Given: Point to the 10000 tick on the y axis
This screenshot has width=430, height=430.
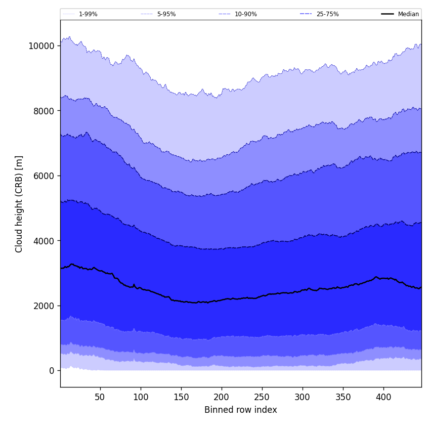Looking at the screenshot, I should pyautogui.click(x=41, y=46).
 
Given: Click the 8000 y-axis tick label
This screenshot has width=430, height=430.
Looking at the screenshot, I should pyautogui.click(x=44, y=111).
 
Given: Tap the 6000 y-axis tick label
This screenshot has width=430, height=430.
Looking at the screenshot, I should pyautogui.click(x=44, y=176).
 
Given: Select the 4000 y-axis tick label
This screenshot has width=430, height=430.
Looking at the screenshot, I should pyautogui.click(x=44, y=241).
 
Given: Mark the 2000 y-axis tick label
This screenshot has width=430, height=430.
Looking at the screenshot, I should pyautogui.click(x=44, y=306).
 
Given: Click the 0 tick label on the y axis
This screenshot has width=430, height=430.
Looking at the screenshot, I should pyautogui.click(x=51, y=371).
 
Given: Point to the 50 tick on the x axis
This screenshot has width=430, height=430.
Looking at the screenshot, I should pyautogui.click(x=100, y=397).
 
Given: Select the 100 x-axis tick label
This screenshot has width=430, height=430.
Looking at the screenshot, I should pyautogui.click(x=141, y=397).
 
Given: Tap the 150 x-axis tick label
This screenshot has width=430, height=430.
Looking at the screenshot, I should pyautogui.click(x=181, y=397).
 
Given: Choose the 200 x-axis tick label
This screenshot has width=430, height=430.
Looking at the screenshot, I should pyautogui.click(x=222, y=397).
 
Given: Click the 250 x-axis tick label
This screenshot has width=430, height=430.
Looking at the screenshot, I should pyautogui.click(x=262, y=397).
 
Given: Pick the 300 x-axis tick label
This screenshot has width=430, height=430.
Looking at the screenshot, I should pyautogui.click(x=303, y=397).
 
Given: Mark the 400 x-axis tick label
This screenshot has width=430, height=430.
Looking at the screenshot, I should pyautogui.click(x=383, y=397).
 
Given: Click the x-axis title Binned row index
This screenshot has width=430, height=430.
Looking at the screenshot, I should pyautogui.click(x=241, y=410).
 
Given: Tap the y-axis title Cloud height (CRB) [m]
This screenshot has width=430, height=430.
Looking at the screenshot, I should pyautogui.click(x=19, y=204).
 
